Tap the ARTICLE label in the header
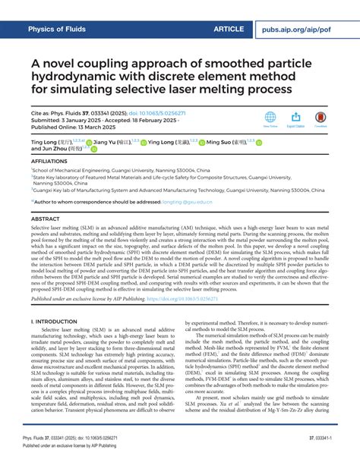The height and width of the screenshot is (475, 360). point(229,29)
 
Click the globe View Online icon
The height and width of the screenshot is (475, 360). point(270,118)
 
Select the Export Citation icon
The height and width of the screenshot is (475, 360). point(296,118)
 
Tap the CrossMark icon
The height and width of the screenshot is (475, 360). point(321,118)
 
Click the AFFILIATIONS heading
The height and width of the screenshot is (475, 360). point(51,162)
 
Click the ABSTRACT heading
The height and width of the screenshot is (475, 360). point(45,219)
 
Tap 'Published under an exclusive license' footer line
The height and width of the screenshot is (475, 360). point(91,467)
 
